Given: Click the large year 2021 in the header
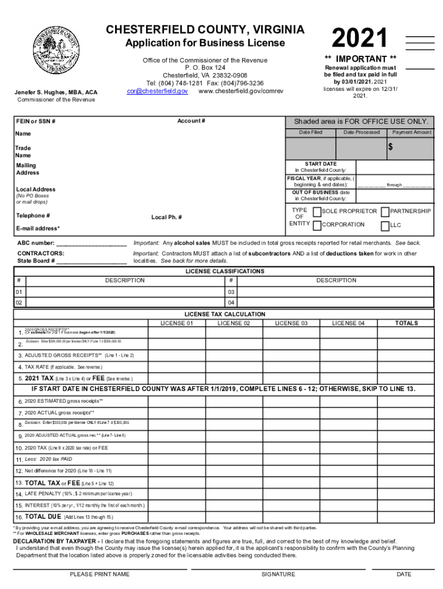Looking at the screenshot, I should tap(360, 39).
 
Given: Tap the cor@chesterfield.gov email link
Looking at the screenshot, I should tap(157, 91).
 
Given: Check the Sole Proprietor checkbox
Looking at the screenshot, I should tap(316, 212).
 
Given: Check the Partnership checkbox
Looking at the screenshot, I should tap(385, 212).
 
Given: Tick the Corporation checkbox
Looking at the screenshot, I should tap(316, 225).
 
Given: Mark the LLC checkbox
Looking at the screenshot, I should tap(385, 225).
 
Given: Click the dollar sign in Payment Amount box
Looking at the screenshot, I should tap(390, 148).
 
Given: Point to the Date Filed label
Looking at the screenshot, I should tap(311, 132).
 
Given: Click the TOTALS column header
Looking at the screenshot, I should tap(406, 323).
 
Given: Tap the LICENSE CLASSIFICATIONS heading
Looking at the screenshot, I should tap(224, 271).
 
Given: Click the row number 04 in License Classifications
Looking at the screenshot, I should tap(231, 303).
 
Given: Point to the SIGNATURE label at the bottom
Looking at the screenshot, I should tap(278, 574).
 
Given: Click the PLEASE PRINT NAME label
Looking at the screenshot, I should tap(100, 574).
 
